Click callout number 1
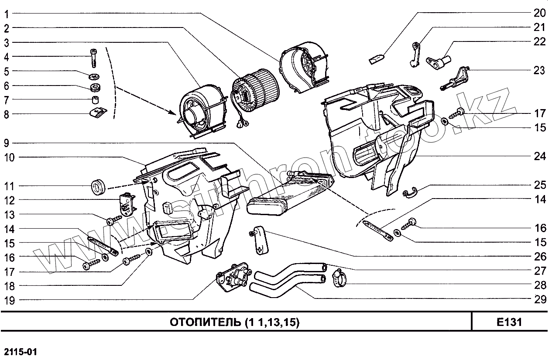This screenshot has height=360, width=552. pyautogui.click(x=7, y=14)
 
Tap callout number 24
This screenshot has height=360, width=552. pyautogui.click(x=540, y=156)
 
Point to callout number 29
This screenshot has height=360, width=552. pyautogui.click(x=540, y=299)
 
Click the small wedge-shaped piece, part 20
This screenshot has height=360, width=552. pyautogui.click(x=376, y=59)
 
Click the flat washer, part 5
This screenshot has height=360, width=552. pyautogui.click(x=93, y=77)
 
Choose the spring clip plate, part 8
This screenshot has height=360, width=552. pyautogui.click(x=97, y=113)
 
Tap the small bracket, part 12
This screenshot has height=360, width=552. pyautogui.click(x=127, y=204)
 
